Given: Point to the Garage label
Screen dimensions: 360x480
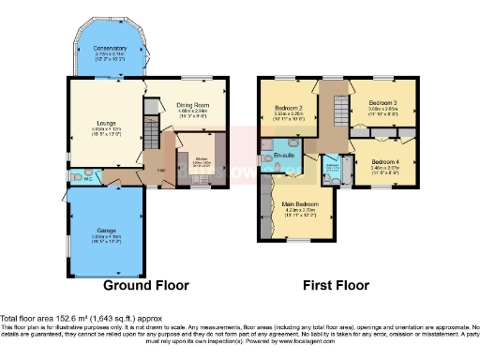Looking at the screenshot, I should (105, 230).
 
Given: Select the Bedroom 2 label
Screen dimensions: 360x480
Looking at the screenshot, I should (289, 109).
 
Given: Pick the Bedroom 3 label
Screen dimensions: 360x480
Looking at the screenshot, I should (382, 102).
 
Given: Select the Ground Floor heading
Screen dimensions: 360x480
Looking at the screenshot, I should (145, 284).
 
